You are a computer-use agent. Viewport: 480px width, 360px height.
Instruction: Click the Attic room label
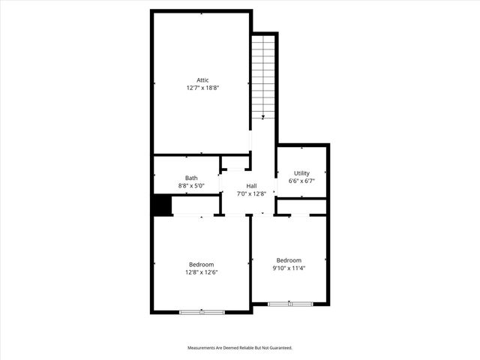tap(202, 80)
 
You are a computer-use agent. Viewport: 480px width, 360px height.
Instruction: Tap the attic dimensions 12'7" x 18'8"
tap(202, 88)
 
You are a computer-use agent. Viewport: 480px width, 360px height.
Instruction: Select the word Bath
tap(192, 178)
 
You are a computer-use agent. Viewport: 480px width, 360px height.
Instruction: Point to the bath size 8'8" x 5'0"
tap(192, 185)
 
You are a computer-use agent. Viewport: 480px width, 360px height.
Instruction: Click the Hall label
tap(251, 186)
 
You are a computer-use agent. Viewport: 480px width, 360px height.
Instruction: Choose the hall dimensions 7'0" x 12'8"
tap(251, 193)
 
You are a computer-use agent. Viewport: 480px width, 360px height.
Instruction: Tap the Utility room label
tap(301, 173)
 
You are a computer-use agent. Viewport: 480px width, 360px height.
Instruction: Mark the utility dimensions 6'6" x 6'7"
tap(301, 181)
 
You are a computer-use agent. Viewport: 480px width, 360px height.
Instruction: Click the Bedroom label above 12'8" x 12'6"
tap(201, 264)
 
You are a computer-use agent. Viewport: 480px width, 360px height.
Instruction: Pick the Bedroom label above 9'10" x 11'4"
tap(289, 260)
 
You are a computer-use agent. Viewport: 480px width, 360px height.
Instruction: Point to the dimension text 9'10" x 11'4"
tap(289, 268)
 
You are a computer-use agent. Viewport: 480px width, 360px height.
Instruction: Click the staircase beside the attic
tap(262, 75)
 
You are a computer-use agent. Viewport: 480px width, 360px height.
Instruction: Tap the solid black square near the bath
tap(162, 205)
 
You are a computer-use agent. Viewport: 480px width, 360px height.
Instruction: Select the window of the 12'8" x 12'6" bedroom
tap(202, 312)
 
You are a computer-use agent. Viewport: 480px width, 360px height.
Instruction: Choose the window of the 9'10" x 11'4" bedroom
tap(290, 304)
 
